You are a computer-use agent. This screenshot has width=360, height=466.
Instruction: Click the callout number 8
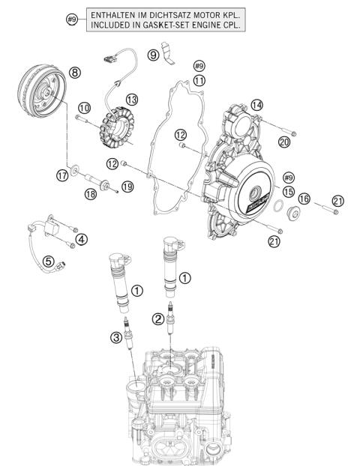[74, 72]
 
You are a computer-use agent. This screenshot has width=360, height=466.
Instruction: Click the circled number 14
[257, 105]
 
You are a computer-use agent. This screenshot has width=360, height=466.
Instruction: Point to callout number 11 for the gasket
[198, 79]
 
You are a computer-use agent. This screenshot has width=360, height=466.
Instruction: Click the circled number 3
[115, 339]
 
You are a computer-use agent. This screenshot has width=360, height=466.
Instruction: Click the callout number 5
[47, 261]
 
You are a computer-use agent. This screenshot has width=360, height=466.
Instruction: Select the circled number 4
[81, 240]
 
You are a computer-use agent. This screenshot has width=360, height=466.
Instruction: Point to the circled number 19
[127, 187]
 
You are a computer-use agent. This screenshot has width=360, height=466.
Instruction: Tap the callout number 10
[83, 108]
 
